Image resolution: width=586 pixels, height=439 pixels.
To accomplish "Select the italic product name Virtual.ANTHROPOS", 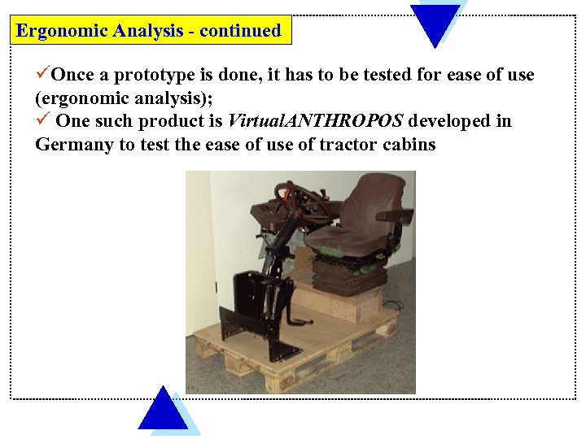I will tap(315, 121).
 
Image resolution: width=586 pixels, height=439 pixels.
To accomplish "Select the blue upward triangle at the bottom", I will tap(163, 410).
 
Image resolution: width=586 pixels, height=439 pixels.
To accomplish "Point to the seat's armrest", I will tap(395, 218).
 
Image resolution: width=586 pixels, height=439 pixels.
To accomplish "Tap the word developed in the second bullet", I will tap(449, 121).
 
